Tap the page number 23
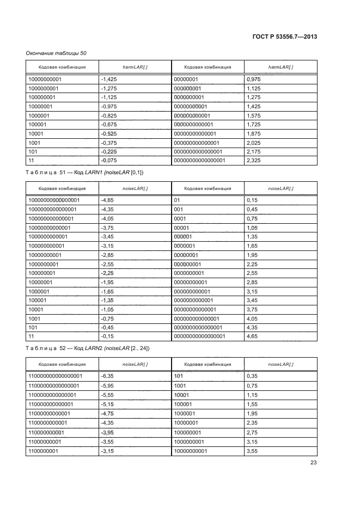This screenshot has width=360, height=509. coord(313,463)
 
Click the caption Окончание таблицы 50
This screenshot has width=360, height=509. coord(56,53)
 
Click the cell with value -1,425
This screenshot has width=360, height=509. coord(110,79)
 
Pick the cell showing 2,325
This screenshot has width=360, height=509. coord(254,161)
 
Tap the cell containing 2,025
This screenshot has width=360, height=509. coord(254,143)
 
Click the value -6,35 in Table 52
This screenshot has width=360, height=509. coord(108,376)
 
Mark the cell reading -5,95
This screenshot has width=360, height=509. coord(108,385)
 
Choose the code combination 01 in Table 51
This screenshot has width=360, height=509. coord(177,200)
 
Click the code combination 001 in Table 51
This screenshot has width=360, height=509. coord(178,210)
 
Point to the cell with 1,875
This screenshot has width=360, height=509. coord(254,133)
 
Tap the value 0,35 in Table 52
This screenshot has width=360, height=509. coord(252,376)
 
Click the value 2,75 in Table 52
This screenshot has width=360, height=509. coord(252,432)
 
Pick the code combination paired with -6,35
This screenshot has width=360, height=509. coord(55,376)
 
